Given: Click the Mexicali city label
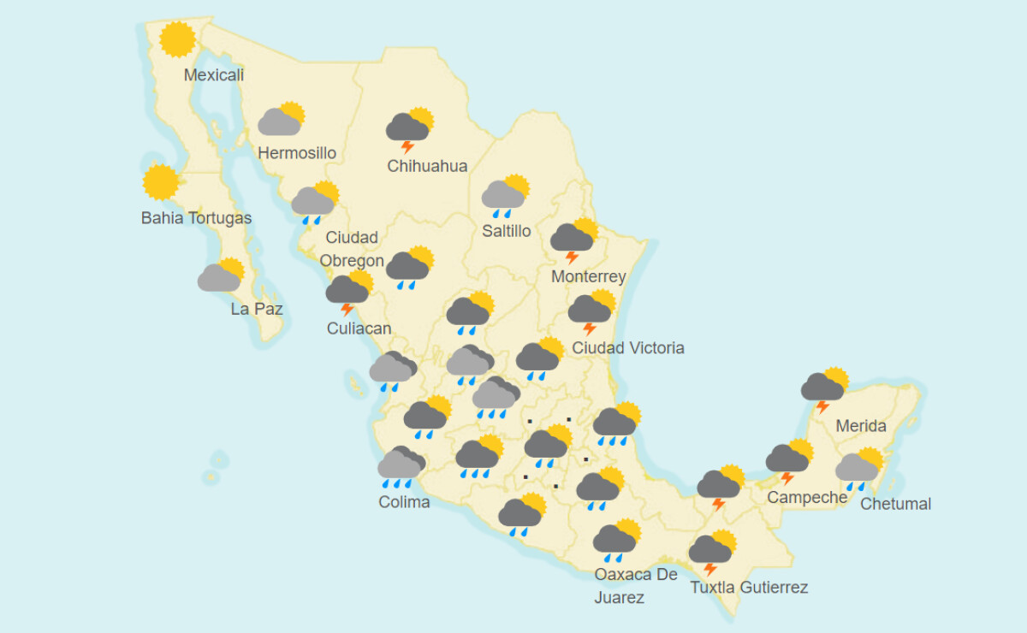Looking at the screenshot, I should pyautogui.click(x=214, y=75).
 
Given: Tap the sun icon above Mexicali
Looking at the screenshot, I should pyautogui.click(x=177, y=39).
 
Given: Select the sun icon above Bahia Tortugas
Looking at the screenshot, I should pyautogui.click(x=161, y=182).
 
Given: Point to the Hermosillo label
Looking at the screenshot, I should pyautogui.click(x=297, y=154).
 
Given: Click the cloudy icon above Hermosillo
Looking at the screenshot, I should pyautogui.click(x=282, y=121).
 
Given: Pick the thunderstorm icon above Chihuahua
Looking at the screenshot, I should pyautogui.click(x=409, y=129).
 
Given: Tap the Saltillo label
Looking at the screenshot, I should pyautogui.click(x=506, y=231).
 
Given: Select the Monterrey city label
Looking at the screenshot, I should pyautogui.click(x=588, y=277).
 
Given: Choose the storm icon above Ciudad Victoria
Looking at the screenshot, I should pyautogui.click(x=591, y=311).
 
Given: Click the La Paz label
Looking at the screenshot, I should pyautogui.click(x=257, y=309).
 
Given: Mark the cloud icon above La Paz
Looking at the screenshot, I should pyautogui.click(x=221, y=276).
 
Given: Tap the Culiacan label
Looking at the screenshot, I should pyautogui.click(x=359, y=328).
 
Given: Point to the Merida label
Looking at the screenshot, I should pyautogui.click(x=861, y=426).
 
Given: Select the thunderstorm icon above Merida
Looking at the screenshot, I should pyautogui.click(x=824, y=388).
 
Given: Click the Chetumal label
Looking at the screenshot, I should pyautogui.click(x=895, y=504).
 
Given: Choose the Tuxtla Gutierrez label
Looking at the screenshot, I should pyautogui.click(x=749, y=588).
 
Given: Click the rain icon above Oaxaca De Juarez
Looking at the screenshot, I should pyautogui.click(x=616, y=540).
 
